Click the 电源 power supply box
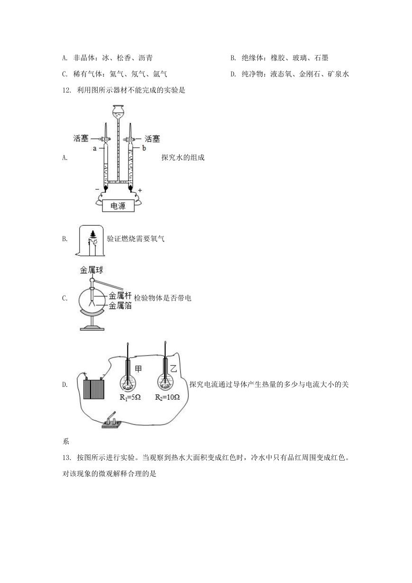(x=118, y=206)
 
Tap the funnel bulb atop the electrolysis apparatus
(x=118, y=111)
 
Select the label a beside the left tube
(x=95, y=149)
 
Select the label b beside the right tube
(x=144, y=148)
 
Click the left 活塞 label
(x=81, y=139)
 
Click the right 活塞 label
(x=152, y=139)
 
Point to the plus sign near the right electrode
(x=140, y=190)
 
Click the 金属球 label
(x=92, y=270)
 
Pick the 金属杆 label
(x=120, y=296)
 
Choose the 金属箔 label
(x=120, y=306)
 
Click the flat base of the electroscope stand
(x=92, y=329)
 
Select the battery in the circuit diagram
(x=94, y=389)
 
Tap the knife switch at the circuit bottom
(x=111, y=421)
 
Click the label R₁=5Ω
(x=130, y=397)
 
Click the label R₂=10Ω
(x=167, y=397)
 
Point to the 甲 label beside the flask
(x=138, y=369)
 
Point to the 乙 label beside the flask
(x=174, y=368)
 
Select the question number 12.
(x=66, y=90)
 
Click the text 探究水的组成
(x=183, y=158)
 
